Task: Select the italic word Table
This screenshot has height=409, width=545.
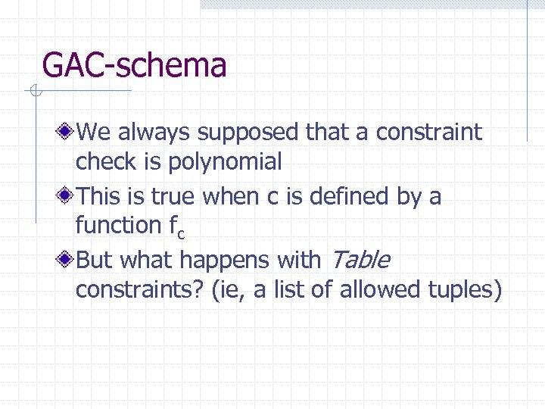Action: pos(360,260)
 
